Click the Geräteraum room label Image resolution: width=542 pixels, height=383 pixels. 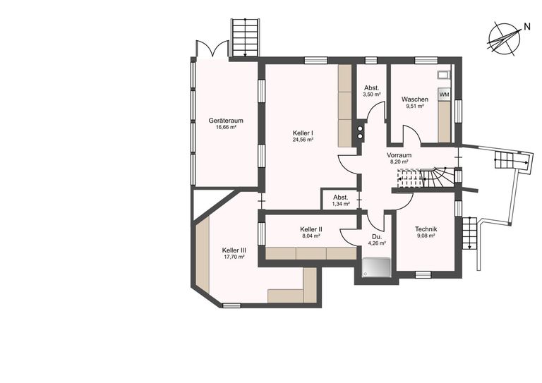click(x=226, y=121)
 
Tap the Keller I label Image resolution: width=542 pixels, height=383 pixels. click(x=303, y=133)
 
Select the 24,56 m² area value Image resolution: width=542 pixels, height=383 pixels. click(x=303, y=140)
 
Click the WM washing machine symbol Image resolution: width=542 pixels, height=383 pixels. click(x=444, y=95)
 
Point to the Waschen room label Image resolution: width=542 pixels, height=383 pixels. click(x=415, y=99)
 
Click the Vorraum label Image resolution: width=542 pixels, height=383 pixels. click(x=399, y=155)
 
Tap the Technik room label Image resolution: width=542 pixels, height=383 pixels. click(x=426, y=229)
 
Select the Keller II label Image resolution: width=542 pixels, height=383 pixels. click(x=311, y=229)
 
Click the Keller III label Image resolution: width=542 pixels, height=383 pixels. click(x=234, y=250)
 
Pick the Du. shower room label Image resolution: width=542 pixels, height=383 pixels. click(x=377, y=237)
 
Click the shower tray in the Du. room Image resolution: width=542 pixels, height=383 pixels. click(x=377, y=267)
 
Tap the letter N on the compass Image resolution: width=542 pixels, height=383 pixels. click(x=527, y=27)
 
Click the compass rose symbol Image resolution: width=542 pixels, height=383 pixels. click(x=505, y=39)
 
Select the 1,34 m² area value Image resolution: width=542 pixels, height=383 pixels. click(x=341, y=204)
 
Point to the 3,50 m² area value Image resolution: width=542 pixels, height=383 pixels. click(x=372, y=95)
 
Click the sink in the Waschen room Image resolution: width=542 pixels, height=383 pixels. click(x=444, y=75)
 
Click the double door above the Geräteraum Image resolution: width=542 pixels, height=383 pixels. click(x=212, y=49)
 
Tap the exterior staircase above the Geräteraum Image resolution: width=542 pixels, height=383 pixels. click(x=245, y=37)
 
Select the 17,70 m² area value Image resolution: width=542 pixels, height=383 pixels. click(x=234, y=257)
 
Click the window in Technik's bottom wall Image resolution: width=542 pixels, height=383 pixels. click(x=423, y=274)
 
